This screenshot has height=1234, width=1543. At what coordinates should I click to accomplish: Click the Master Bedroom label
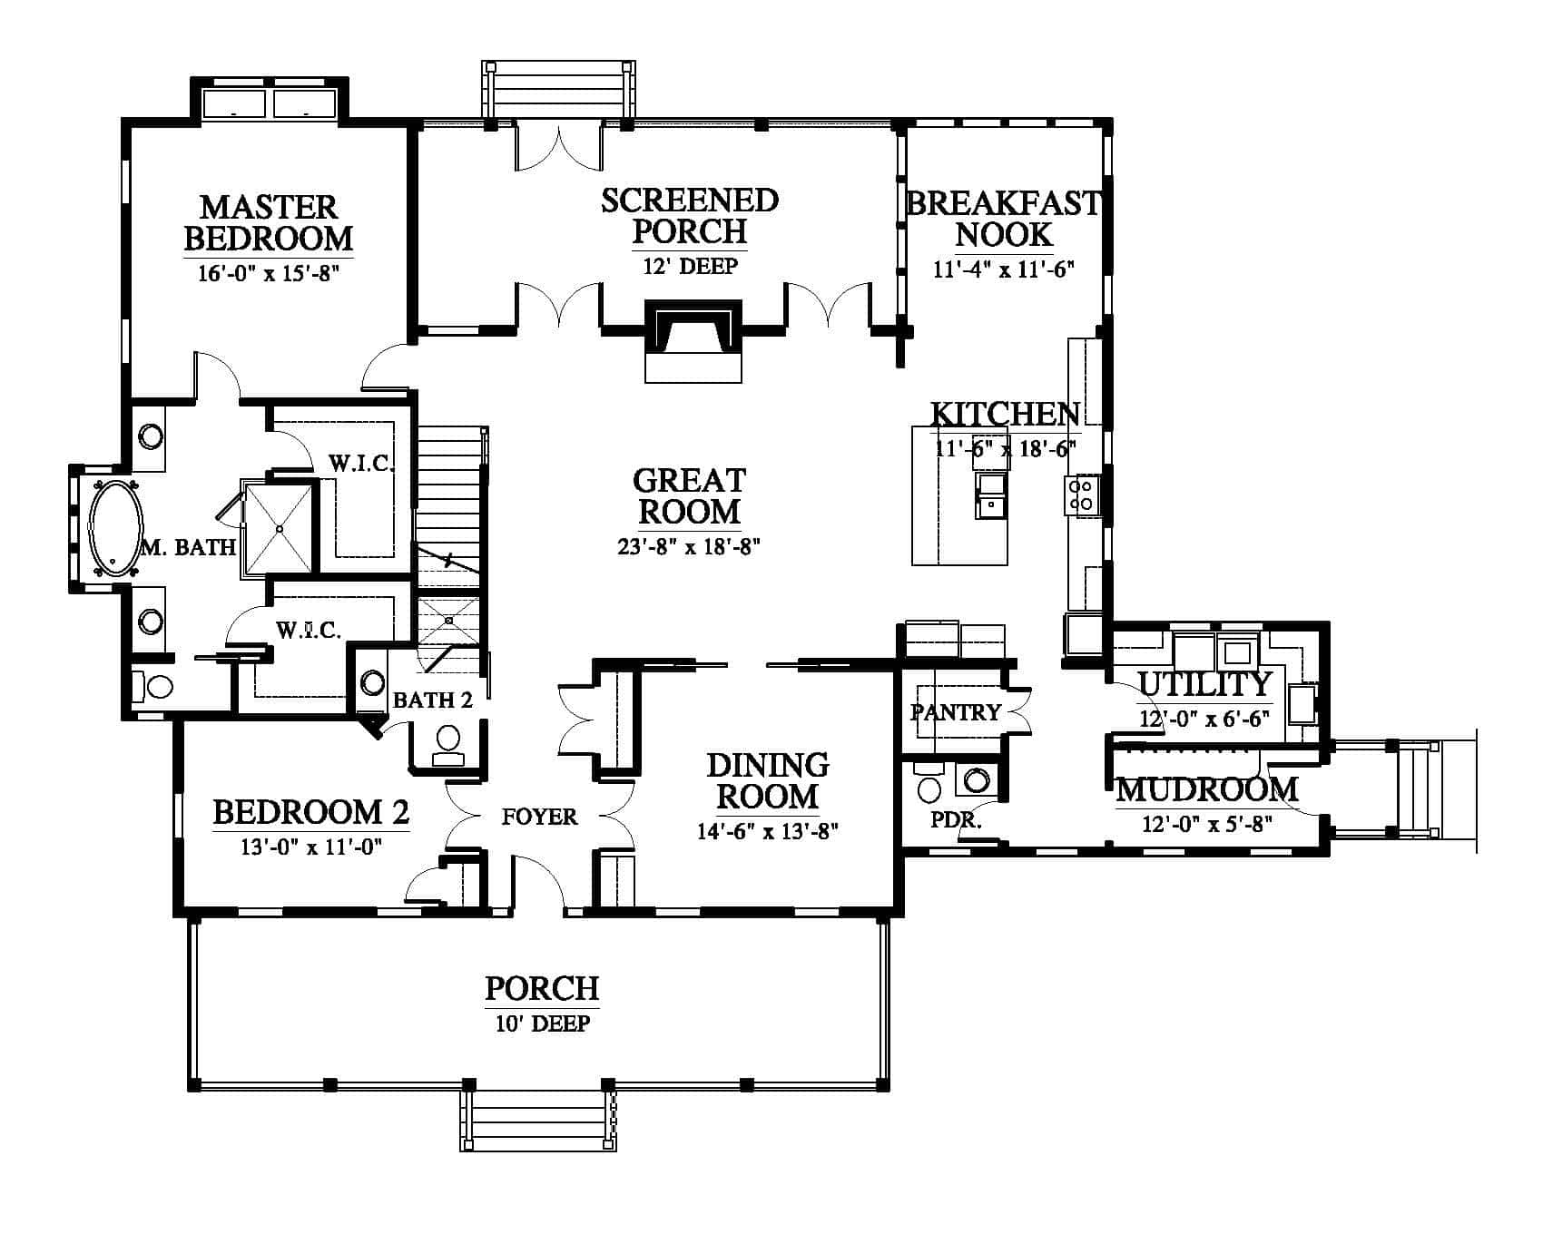[x=268, y=221]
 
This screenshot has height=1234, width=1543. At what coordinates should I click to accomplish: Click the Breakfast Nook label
[x=1004, y=219]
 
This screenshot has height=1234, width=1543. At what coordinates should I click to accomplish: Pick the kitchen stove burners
[x=1082, y=495]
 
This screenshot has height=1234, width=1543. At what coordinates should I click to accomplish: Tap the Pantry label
[x=955, y=712]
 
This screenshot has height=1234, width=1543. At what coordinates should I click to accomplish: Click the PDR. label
[x=957, y=819]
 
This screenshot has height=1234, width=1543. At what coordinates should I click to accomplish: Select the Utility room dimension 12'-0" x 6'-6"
[x=1204, y=719]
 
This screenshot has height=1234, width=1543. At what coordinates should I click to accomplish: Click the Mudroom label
[x=1206, y=789]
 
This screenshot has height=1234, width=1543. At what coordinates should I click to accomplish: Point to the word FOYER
[x=539, y=818]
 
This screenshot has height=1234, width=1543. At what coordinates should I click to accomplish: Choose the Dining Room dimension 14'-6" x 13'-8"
[x=768, y=831]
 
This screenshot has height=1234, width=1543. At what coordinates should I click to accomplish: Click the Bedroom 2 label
[x=310, y=812]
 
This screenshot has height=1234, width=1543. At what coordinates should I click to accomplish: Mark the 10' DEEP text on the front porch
[x=543, y=1023]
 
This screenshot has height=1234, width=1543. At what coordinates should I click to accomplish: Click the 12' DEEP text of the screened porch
[x=690, y=266]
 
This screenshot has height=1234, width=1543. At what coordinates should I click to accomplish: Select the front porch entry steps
[x=538, y=1120]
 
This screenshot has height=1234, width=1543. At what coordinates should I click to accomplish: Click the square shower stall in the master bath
[x=280, y=529]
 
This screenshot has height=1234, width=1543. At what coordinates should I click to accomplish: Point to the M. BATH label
[x=189, y=547]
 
